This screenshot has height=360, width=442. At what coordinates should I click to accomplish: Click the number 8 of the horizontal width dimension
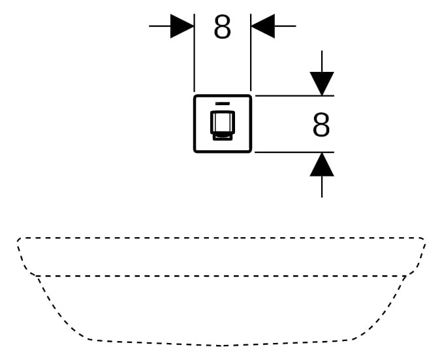222,27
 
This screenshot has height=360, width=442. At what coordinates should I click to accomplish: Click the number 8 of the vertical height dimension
321,125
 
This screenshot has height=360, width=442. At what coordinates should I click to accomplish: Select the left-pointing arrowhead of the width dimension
262,27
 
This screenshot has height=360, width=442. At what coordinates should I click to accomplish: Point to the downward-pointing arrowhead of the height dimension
322,83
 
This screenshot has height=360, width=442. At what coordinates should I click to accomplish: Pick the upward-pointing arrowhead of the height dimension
322,165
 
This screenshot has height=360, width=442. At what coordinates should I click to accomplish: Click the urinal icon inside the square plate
222,125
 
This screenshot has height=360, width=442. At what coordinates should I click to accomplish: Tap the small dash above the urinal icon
222,104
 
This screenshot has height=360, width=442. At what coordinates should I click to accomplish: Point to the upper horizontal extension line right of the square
294,96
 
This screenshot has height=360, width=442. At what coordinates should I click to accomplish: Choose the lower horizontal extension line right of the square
294,152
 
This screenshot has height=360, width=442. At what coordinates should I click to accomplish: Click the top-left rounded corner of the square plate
197,98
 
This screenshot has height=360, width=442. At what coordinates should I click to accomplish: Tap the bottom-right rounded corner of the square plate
249,150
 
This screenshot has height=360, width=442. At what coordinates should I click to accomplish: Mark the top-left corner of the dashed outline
20,240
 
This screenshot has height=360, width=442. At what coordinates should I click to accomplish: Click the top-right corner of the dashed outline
423,240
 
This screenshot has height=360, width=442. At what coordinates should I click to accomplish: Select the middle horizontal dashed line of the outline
222,276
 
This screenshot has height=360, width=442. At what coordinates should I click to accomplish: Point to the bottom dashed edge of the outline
222,344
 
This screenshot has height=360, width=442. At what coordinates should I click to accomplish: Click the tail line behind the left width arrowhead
159,27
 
